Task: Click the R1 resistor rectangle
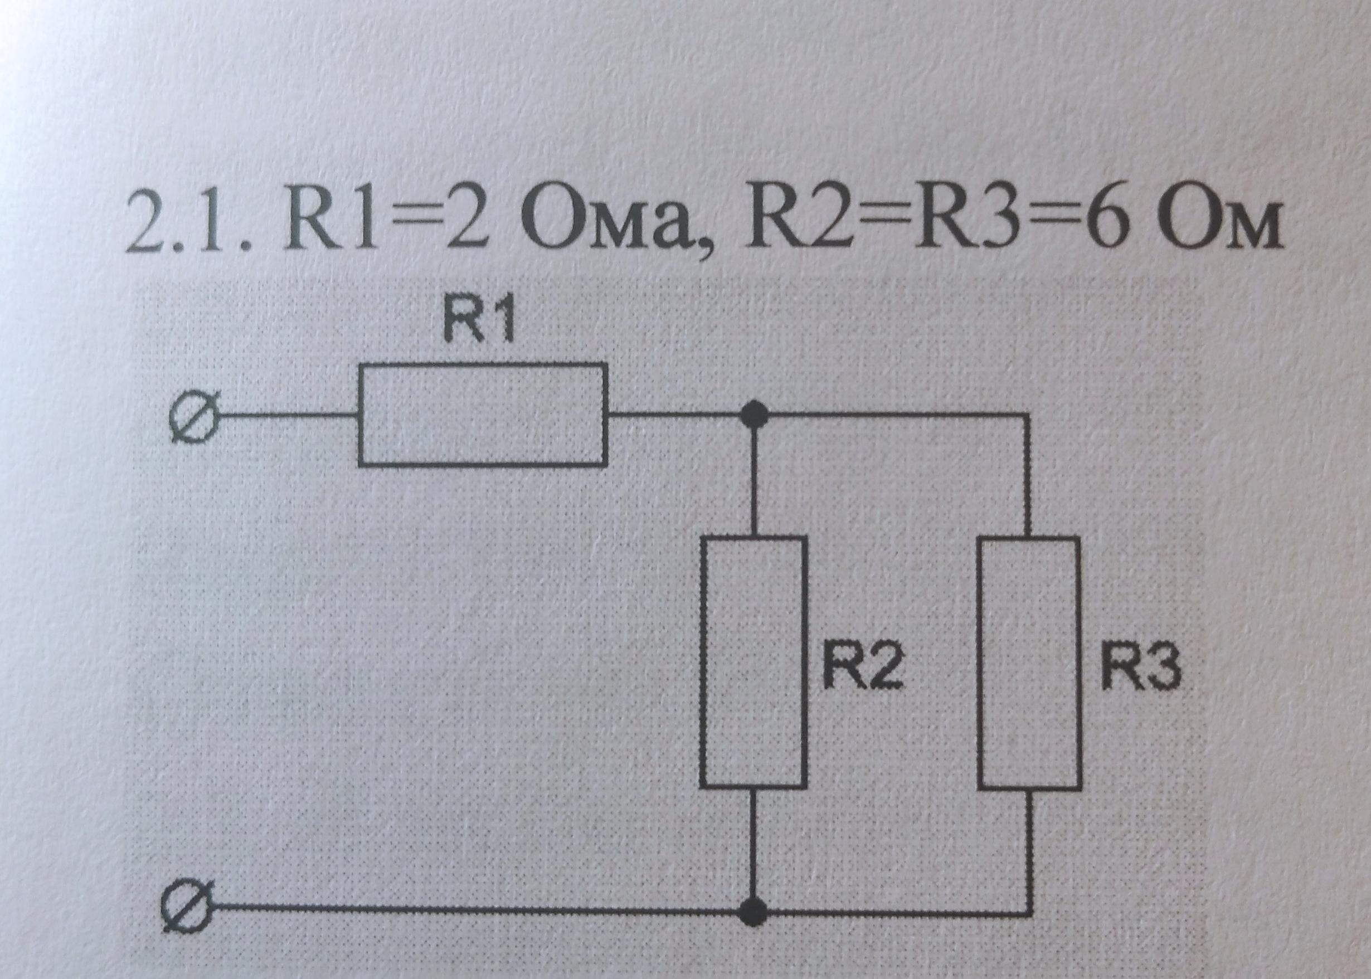point(482,414)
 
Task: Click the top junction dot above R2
point(753,414)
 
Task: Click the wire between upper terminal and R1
point(283,415)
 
